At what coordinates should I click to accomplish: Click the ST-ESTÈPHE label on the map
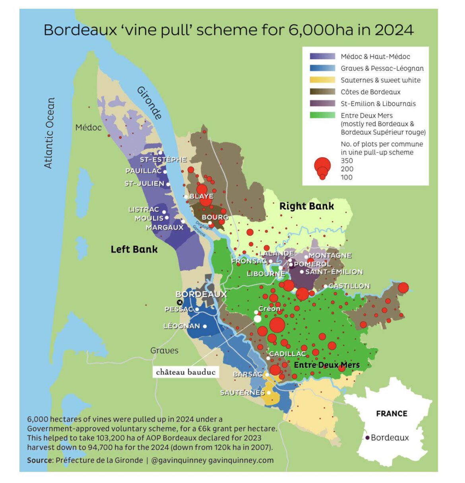click(x=163, y=160)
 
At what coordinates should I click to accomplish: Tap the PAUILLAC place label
click(x=143, y=171)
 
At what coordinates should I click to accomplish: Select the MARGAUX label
click(x=165, y=228)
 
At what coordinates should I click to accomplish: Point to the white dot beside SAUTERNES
click(x=269, y=392)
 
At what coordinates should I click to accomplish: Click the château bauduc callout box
click(x=186, y=372)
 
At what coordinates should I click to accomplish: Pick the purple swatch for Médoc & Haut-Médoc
click(x=322, y=56)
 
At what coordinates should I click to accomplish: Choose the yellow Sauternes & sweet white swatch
click(x=322, y=80)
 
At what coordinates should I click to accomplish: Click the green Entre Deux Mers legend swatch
click(x=322, y=115)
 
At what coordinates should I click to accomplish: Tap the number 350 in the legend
click(x=347, y=160)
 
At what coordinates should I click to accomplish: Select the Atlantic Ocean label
click(x=49, y=133)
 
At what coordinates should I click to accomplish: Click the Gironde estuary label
click(x=149, y=103)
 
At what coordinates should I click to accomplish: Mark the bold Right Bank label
click(x=306, y=206)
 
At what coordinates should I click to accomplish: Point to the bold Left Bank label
click(x=134, y=249)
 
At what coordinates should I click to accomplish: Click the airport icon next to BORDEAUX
click(x=179, y=303)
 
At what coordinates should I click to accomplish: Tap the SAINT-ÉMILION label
click(x=334, y=272)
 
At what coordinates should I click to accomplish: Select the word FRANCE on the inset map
click(x=391, y=413)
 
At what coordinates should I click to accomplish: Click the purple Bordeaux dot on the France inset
click(x=368, y=438)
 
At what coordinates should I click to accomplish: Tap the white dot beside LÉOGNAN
click(x=205, y=326)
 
